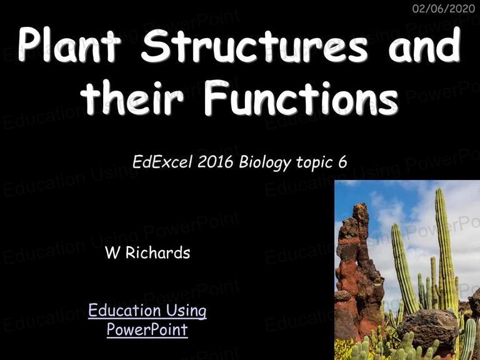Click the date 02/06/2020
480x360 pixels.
pos(444,9)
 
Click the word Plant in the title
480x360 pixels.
pos(70,44)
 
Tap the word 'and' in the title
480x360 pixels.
pos(425,45)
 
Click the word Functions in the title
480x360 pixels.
pos(301,97)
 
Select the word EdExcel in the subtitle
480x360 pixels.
pos(162,162)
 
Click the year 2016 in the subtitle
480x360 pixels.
pos(216,162)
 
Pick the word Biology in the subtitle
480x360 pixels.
pos(265,163)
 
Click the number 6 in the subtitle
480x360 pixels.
pos(343,162)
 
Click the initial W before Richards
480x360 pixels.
pos(112,252)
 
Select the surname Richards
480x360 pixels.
pos(158,252)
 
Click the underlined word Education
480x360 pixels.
pos(125,310)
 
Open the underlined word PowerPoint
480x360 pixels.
pos(147,329)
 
